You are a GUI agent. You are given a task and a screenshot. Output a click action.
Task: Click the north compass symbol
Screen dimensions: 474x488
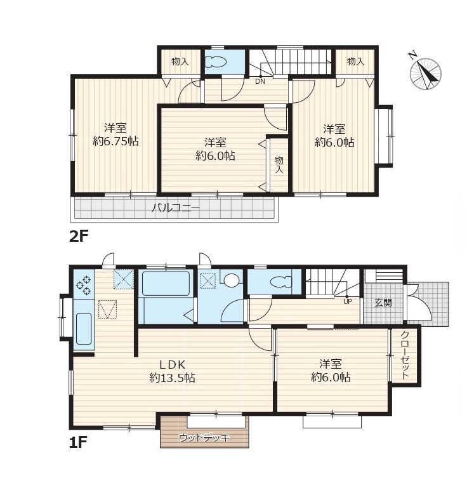click(x=425, y=73)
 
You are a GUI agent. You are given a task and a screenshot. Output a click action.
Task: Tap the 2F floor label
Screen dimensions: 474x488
click(x=79, y=237)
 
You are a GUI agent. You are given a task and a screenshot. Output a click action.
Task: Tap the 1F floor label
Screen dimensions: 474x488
click(x=78, y=442)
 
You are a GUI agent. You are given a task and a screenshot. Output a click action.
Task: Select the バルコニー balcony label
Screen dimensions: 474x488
click(x=176, y=208)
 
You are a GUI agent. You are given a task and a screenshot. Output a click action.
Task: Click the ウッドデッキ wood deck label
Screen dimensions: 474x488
click(x=204, y=438)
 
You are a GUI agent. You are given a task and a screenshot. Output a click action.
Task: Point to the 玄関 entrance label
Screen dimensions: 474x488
click(x=383, y=302)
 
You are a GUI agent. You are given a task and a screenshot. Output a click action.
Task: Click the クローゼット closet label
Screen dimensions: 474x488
click(x=405, y=355)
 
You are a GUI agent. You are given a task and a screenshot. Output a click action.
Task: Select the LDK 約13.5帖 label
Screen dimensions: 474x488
click(x=172, y=371)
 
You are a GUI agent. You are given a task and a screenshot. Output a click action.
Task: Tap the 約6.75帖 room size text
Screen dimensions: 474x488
click(x=115, y=142)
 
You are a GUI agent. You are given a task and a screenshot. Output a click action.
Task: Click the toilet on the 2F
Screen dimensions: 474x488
click(x=216, y=62)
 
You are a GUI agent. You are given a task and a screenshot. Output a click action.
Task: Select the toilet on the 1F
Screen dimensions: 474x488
click(x=281, y=282)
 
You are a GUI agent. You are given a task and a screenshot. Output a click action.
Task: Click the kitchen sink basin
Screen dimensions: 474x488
click(x=84, y=329)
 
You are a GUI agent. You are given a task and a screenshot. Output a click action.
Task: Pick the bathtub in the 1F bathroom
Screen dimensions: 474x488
click(x=166, y=284)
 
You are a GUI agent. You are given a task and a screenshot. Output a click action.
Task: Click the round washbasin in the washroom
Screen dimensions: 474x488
click(x=231, y=280)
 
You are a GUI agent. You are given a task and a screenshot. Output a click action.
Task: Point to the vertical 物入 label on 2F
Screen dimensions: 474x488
click(x=279, y=165)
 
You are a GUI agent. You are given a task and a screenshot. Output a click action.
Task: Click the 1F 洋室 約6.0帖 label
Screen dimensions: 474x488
click(x=331, y=371)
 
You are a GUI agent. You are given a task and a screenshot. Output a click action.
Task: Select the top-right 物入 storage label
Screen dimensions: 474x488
click(x=355, y=62)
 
